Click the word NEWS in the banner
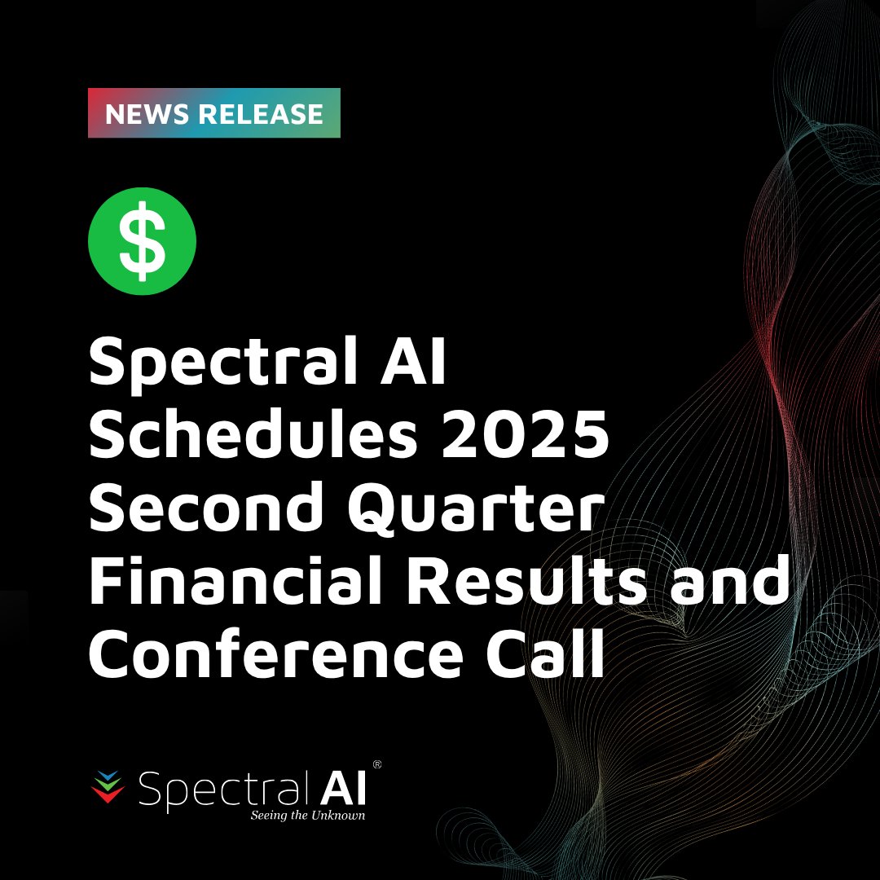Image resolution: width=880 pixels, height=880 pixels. [x=144, y=114]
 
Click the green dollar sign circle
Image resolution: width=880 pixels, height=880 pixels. [x=142, y=241]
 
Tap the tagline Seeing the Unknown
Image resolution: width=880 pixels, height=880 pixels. [x=307, y=815]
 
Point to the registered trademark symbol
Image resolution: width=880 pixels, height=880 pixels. [x=376, y=765]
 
